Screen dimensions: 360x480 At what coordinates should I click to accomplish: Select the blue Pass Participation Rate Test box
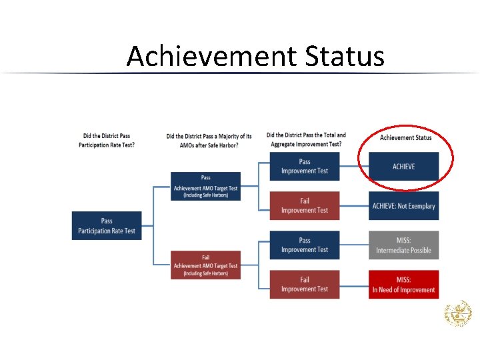click(107, 226)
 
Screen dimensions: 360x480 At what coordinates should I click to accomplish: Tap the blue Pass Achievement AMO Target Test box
click(205, 187)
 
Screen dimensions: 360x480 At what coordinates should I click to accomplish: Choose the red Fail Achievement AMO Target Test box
click(205, 265)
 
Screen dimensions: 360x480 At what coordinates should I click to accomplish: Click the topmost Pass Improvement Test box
click(305, 166)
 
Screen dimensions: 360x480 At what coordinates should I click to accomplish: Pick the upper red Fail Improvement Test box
click(305, 205)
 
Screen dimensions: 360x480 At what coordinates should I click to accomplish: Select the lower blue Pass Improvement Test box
click(305, 245)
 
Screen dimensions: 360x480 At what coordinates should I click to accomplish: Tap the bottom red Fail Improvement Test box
click(305, 284)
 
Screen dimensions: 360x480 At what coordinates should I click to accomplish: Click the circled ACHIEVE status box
click(403, 166)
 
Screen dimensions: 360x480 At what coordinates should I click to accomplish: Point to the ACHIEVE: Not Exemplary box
click(403, 206)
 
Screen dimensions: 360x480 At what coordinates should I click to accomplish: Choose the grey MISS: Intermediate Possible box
click(403, 245)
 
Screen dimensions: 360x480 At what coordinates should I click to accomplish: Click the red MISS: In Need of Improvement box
click(403, 285)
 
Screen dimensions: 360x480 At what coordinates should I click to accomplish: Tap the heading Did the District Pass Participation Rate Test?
click(107, 140)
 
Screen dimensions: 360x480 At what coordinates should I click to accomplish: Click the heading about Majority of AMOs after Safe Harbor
click(209, 141)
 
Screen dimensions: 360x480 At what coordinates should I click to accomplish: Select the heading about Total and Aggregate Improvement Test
click(306, 139)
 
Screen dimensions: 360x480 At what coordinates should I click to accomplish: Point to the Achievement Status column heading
click(405, 137)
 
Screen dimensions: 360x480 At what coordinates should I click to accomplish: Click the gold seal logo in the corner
click(458, 314)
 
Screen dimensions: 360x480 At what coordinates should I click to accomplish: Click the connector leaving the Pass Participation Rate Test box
click(148, 226)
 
